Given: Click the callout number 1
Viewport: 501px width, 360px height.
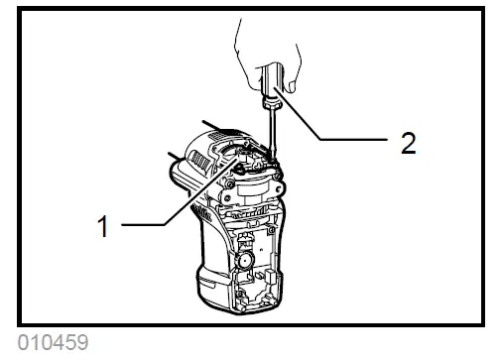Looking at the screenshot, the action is coord(101,225).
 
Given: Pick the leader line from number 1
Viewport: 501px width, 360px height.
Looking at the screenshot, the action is coord(169,198).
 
